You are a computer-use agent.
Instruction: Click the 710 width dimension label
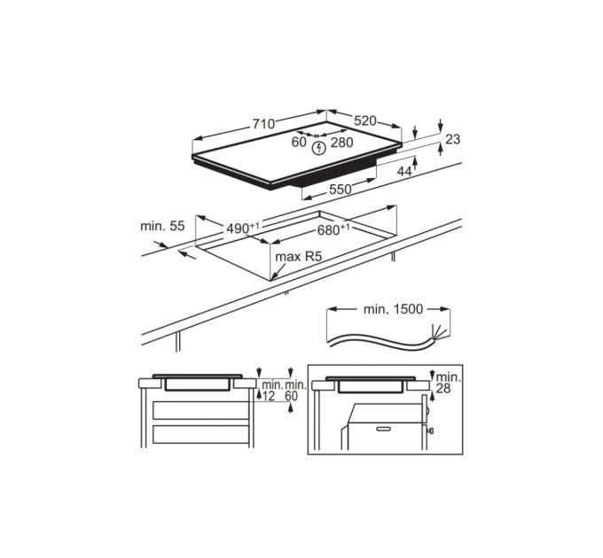click(x=263, y=124)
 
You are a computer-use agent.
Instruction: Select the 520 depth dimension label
click(x=364, y=121)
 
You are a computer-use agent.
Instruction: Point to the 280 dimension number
click(x=342, y=143)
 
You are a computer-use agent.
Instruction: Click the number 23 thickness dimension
click(x=452, y=139)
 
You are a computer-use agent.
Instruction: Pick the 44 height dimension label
click(x=404, y=171)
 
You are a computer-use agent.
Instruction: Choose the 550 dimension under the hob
click(x=341, y=190)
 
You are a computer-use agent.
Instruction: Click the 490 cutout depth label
click(x=243, y=229)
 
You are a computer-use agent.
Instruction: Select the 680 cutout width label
click(x=333, y=230)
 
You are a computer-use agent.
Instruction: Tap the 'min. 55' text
click(x=162, y=226)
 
